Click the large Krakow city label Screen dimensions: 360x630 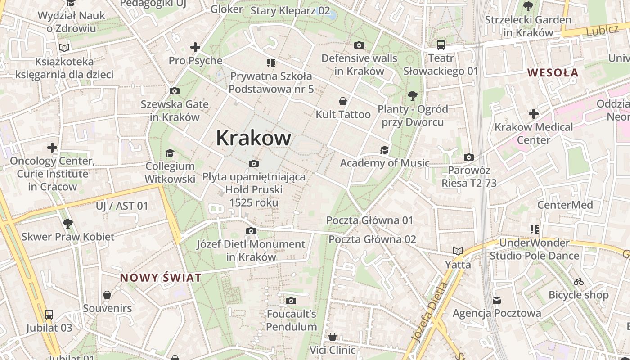pyautogui.click(x=253, y=138)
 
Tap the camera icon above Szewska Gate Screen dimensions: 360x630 pyautogui.click(x=175, y=91)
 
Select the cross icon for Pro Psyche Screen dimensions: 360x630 pyautogui.click(x=195, y=47)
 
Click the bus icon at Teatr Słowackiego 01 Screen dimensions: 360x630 pyautogui.click(x=441, y=45)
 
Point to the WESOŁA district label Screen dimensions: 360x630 pyautogui.click(x=553, y=72)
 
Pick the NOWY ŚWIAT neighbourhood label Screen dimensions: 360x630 pyautogui.click(x=161, y=278)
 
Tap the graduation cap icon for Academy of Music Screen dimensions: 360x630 pyautogui.click(x=384, y=150)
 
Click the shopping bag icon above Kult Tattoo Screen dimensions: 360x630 pyautogui.click(x=343, y=101)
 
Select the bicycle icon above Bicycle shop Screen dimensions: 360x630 pyautogui.click(x=579, y=282)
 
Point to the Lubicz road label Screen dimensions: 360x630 pyautogui.click(x=603, y=30)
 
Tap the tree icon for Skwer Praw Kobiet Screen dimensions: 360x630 pyautogui.click(x=68, y=223)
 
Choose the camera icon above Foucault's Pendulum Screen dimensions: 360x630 pyautogui.click(x=291, y=301)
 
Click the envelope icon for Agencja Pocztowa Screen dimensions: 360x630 pyautogui.click(x=497, y=300)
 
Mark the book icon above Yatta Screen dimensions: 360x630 pyautogui.click(x=458, y=251)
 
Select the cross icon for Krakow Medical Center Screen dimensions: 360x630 pyautogui.click(x=534, y=114)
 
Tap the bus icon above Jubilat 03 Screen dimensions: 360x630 pyautogui.click(x=49, y=315)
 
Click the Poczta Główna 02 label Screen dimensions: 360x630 pyautogui.click(x=372, y=239)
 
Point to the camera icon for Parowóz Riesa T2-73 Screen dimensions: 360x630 pyautogui.click(x=469, y=157)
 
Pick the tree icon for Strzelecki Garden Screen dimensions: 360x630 pyautogui.click(x=528, y=6)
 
